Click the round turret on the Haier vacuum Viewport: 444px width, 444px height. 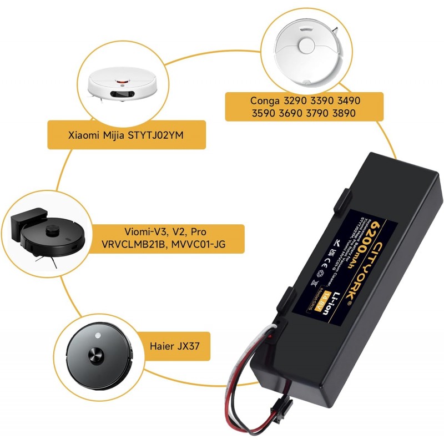pos(95,353)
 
